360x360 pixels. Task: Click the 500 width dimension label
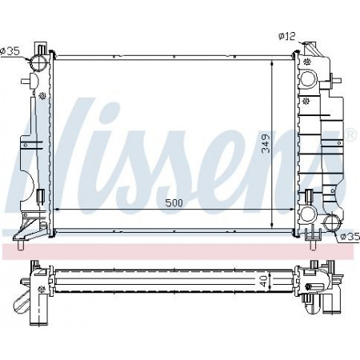(x=174, y=203)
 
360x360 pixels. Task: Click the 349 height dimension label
(x=266, y=143)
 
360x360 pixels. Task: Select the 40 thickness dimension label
(x=263, y=281)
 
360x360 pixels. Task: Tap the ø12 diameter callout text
(x=287, y=36)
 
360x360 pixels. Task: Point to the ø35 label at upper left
(x=10, y=50)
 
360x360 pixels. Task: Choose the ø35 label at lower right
(x=350, y=236)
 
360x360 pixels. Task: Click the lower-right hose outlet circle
(x=332, y=222)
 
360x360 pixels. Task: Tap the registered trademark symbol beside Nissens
(x=351, y=135)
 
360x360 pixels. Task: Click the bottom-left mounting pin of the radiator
(x=21, y=245)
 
